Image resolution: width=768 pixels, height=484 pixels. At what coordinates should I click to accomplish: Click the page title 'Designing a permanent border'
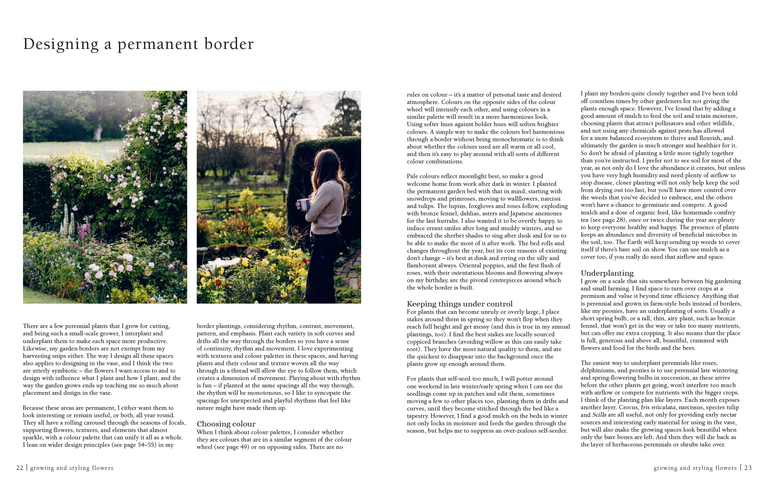[138, 44]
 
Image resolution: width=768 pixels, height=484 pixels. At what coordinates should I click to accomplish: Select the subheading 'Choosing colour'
[226, 424]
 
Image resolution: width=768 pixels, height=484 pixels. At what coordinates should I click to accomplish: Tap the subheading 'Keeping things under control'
[459, 304]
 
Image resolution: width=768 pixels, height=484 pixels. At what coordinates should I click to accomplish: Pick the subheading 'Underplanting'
[607, 273]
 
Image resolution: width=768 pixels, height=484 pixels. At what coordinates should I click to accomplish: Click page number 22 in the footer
[20, 468]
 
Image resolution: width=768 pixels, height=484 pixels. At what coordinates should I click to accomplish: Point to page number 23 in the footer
[748, 468]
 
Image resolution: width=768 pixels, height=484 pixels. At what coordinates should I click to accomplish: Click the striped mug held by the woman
[303, 204]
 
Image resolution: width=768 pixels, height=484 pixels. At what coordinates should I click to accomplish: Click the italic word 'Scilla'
[599, 415]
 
